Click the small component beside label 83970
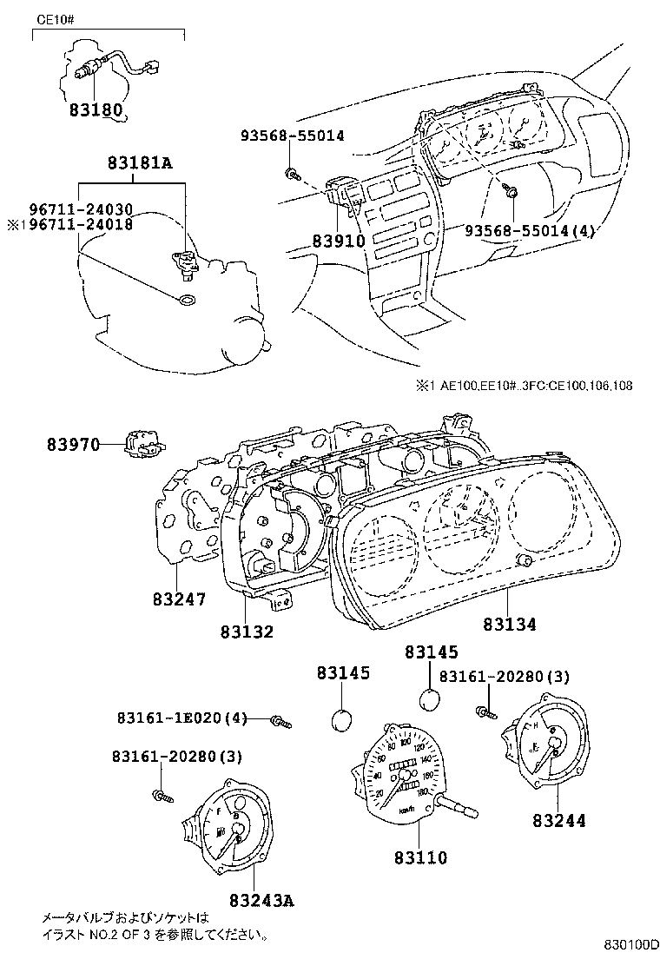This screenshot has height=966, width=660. [142, 443]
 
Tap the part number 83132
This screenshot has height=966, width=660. [247, 632]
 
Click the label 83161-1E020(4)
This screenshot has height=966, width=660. [181, 718]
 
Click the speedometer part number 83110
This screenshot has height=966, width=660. [419, 857]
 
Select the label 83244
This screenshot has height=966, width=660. [558, 819]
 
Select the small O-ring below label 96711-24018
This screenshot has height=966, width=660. [185, 301]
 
